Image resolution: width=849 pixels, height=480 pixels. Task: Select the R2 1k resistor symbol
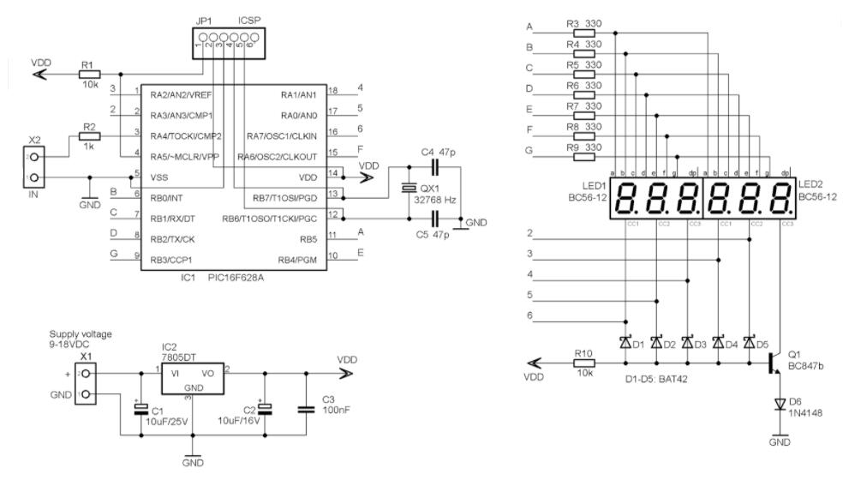[x=89, y=135]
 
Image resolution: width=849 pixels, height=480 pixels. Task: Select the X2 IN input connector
[x=34, y=167]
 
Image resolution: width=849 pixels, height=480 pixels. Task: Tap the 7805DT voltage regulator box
[x=193, y=376]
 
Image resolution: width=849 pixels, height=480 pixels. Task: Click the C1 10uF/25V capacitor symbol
[x=142, y=409]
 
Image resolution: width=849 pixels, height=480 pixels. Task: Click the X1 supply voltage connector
[x=86, y=384]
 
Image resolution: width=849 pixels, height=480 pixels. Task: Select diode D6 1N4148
[x=779, y=404]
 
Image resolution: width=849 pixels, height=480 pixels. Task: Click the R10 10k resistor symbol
[x=585, y=363]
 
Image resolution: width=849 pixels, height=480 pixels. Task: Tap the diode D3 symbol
[x=687, y=343]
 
